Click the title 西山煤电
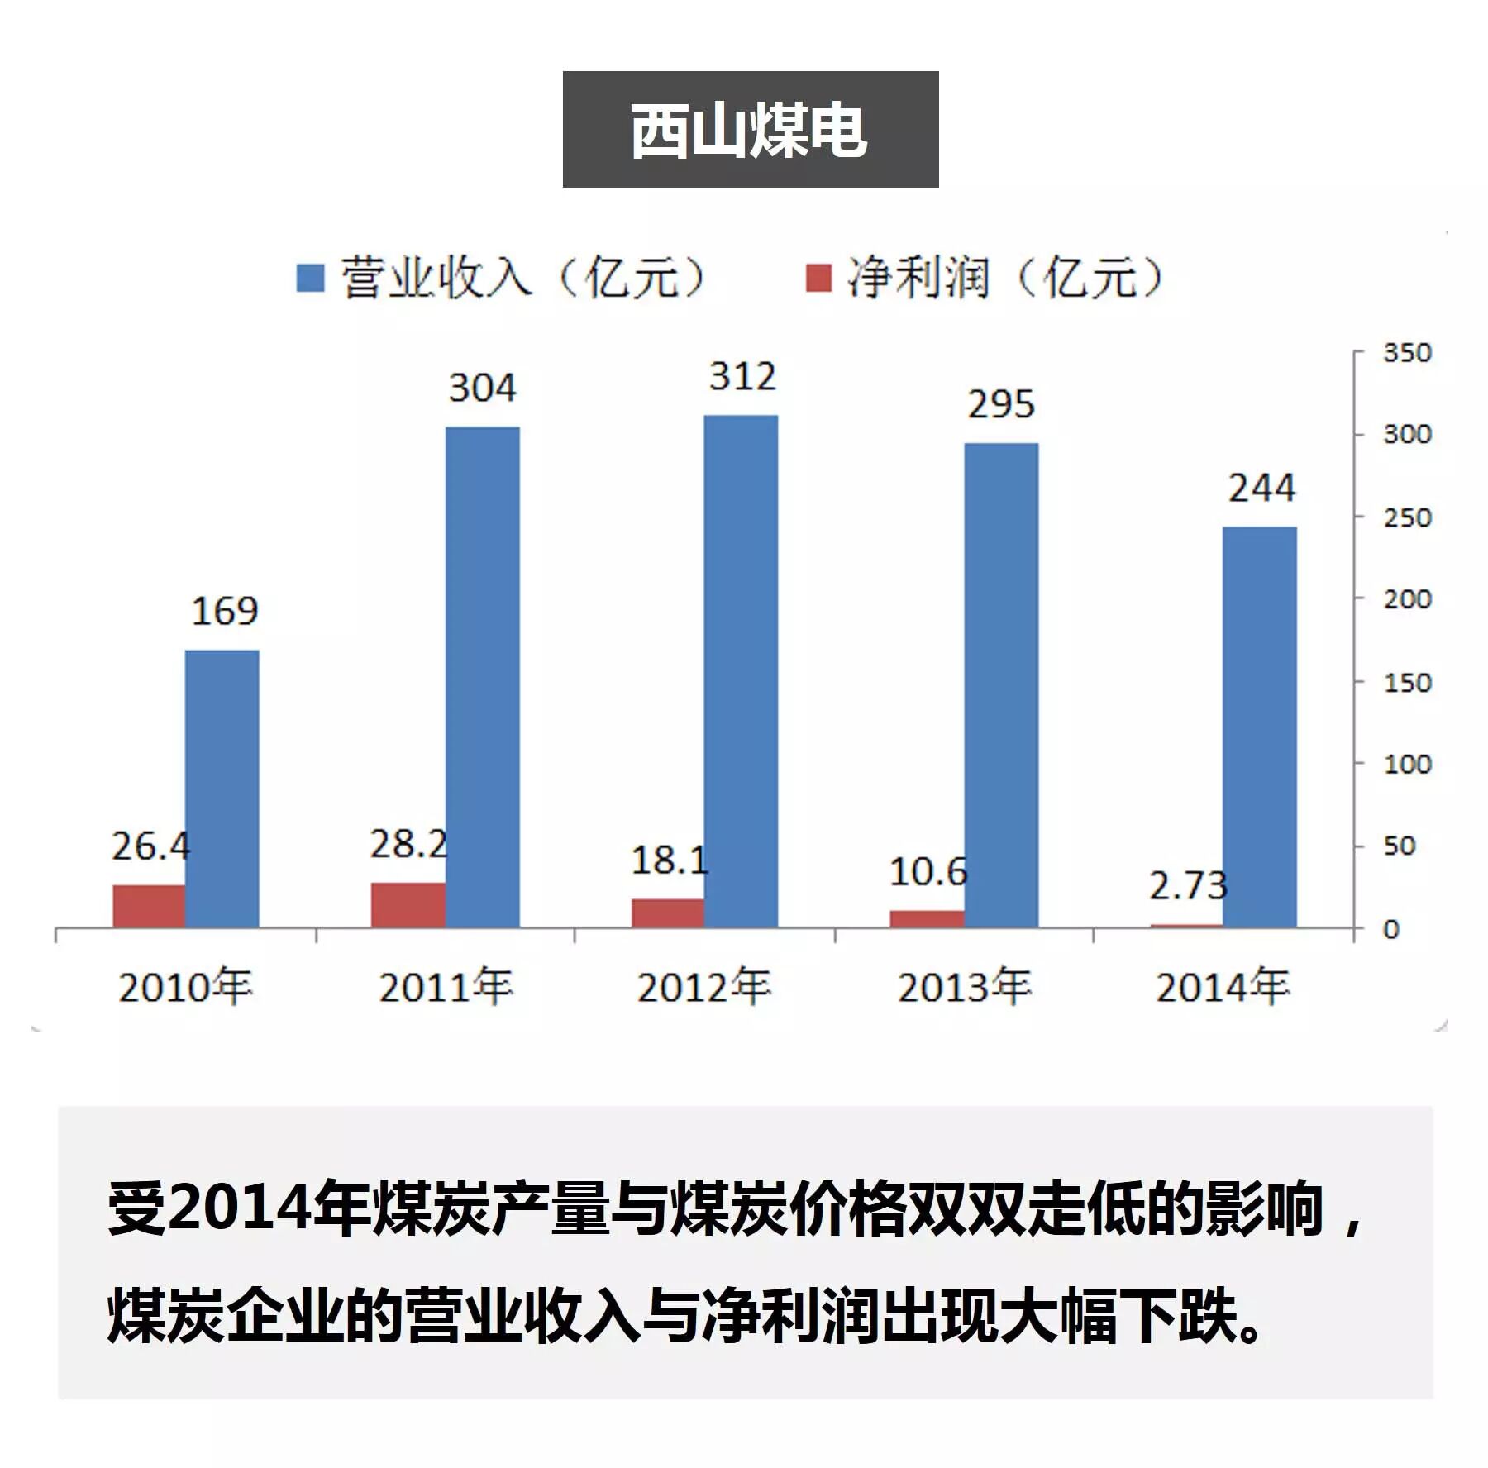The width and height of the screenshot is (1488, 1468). [749, 130]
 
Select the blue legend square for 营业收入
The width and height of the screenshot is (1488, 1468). [310, 278]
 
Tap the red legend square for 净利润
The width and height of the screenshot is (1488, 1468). [818, 278]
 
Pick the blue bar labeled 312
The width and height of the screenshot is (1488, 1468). [741, 670]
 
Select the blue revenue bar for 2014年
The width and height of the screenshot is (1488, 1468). [1259, 727]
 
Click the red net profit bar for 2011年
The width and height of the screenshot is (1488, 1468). [408, 904]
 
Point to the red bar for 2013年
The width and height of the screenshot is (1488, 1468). [927, 918]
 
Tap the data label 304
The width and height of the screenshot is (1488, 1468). [483, 388]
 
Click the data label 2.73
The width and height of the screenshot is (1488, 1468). [1188, 886]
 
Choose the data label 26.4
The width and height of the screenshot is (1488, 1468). [150, 846]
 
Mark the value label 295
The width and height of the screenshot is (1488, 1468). [1001, 404]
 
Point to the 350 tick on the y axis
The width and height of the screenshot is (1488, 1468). [1407, 353]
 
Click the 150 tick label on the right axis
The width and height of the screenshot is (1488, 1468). [1407, 683]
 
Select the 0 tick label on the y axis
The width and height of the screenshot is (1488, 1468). [1391, 929]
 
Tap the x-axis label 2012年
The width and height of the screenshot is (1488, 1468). [703, 987]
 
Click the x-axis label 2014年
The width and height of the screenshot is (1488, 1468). [1223, 987]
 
